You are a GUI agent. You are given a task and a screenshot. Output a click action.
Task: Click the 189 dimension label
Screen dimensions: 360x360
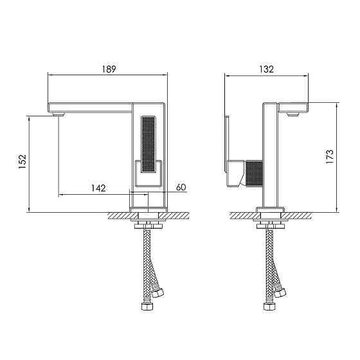coord(109,69)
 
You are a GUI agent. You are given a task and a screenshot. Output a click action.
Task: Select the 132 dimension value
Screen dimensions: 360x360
coord(267,69)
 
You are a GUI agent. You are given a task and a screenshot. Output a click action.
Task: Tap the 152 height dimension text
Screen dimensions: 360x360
coord(22,161)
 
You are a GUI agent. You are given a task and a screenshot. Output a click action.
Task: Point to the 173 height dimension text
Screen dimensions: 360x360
coord(330,157)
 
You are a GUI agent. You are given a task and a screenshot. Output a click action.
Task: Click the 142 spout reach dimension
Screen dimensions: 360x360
coord(99,188)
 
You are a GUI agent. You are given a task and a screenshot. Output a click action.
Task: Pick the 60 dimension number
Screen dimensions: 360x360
coord(181,187)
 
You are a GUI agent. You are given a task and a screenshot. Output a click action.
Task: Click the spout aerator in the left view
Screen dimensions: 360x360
coord(59,114)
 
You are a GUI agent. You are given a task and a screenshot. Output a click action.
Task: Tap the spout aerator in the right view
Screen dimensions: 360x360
coord(292,114)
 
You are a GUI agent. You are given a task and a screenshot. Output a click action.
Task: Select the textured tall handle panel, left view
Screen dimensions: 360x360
coord(148,145)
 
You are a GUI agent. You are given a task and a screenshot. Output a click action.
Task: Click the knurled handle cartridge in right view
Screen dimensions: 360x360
coord(254,174)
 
